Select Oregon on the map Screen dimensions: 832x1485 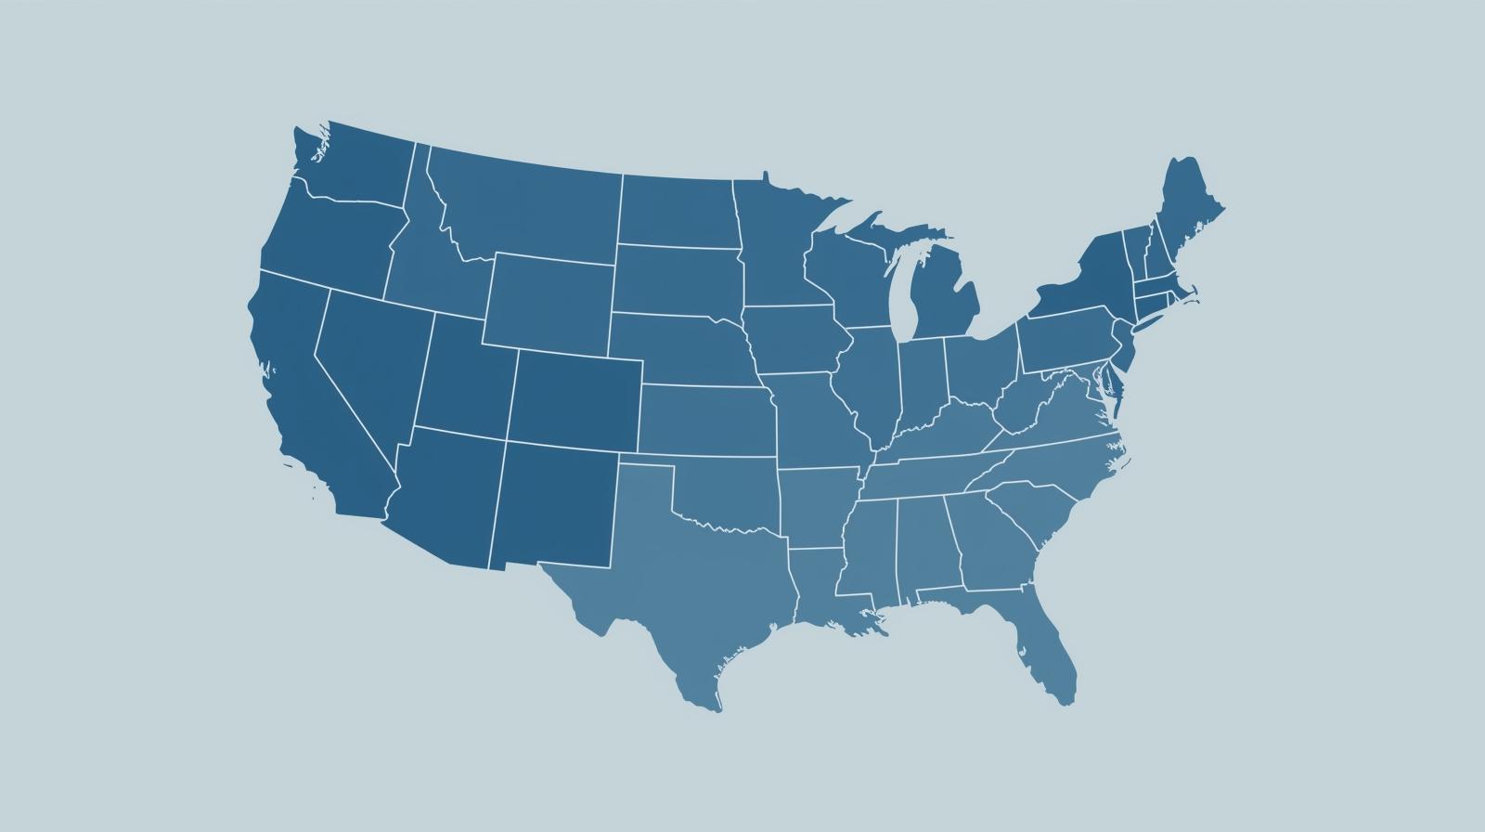(325, 241)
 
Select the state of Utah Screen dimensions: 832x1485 (464, 381)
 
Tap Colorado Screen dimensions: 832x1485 (575, 399)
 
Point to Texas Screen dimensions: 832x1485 (687, 576)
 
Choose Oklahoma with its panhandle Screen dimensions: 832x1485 (733, 497)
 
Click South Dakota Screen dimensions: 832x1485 (678, 279)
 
